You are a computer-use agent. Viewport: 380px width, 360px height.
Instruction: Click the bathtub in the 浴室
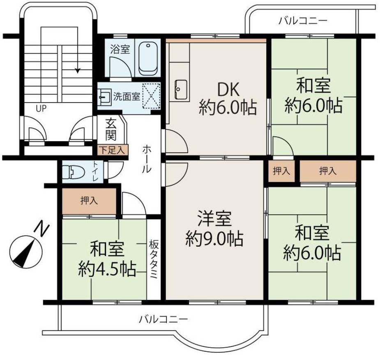(x=148, y=58)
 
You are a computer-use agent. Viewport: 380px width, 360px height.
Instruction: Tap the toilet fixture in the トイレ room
(x=71, y=172)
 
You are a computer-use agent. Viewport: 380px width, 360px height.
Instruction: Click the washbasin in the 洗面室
(x=104, y=97)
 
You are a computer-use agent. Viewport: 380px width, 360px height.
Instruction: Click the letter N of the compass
(x=40, y=228)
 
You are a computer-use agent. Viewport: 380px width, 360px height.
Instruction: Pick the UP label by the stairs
(x=41, y=109)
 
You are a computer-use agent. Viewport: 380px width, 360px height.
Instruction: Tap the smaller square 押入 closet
(x=281, y=171)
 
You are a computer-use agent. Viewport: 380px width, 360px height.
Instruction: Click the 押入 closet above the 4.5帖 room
(x=90, y=201)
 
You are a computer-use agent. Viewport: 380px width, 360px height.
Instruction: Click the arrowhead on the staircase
(x=77, y=71)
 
